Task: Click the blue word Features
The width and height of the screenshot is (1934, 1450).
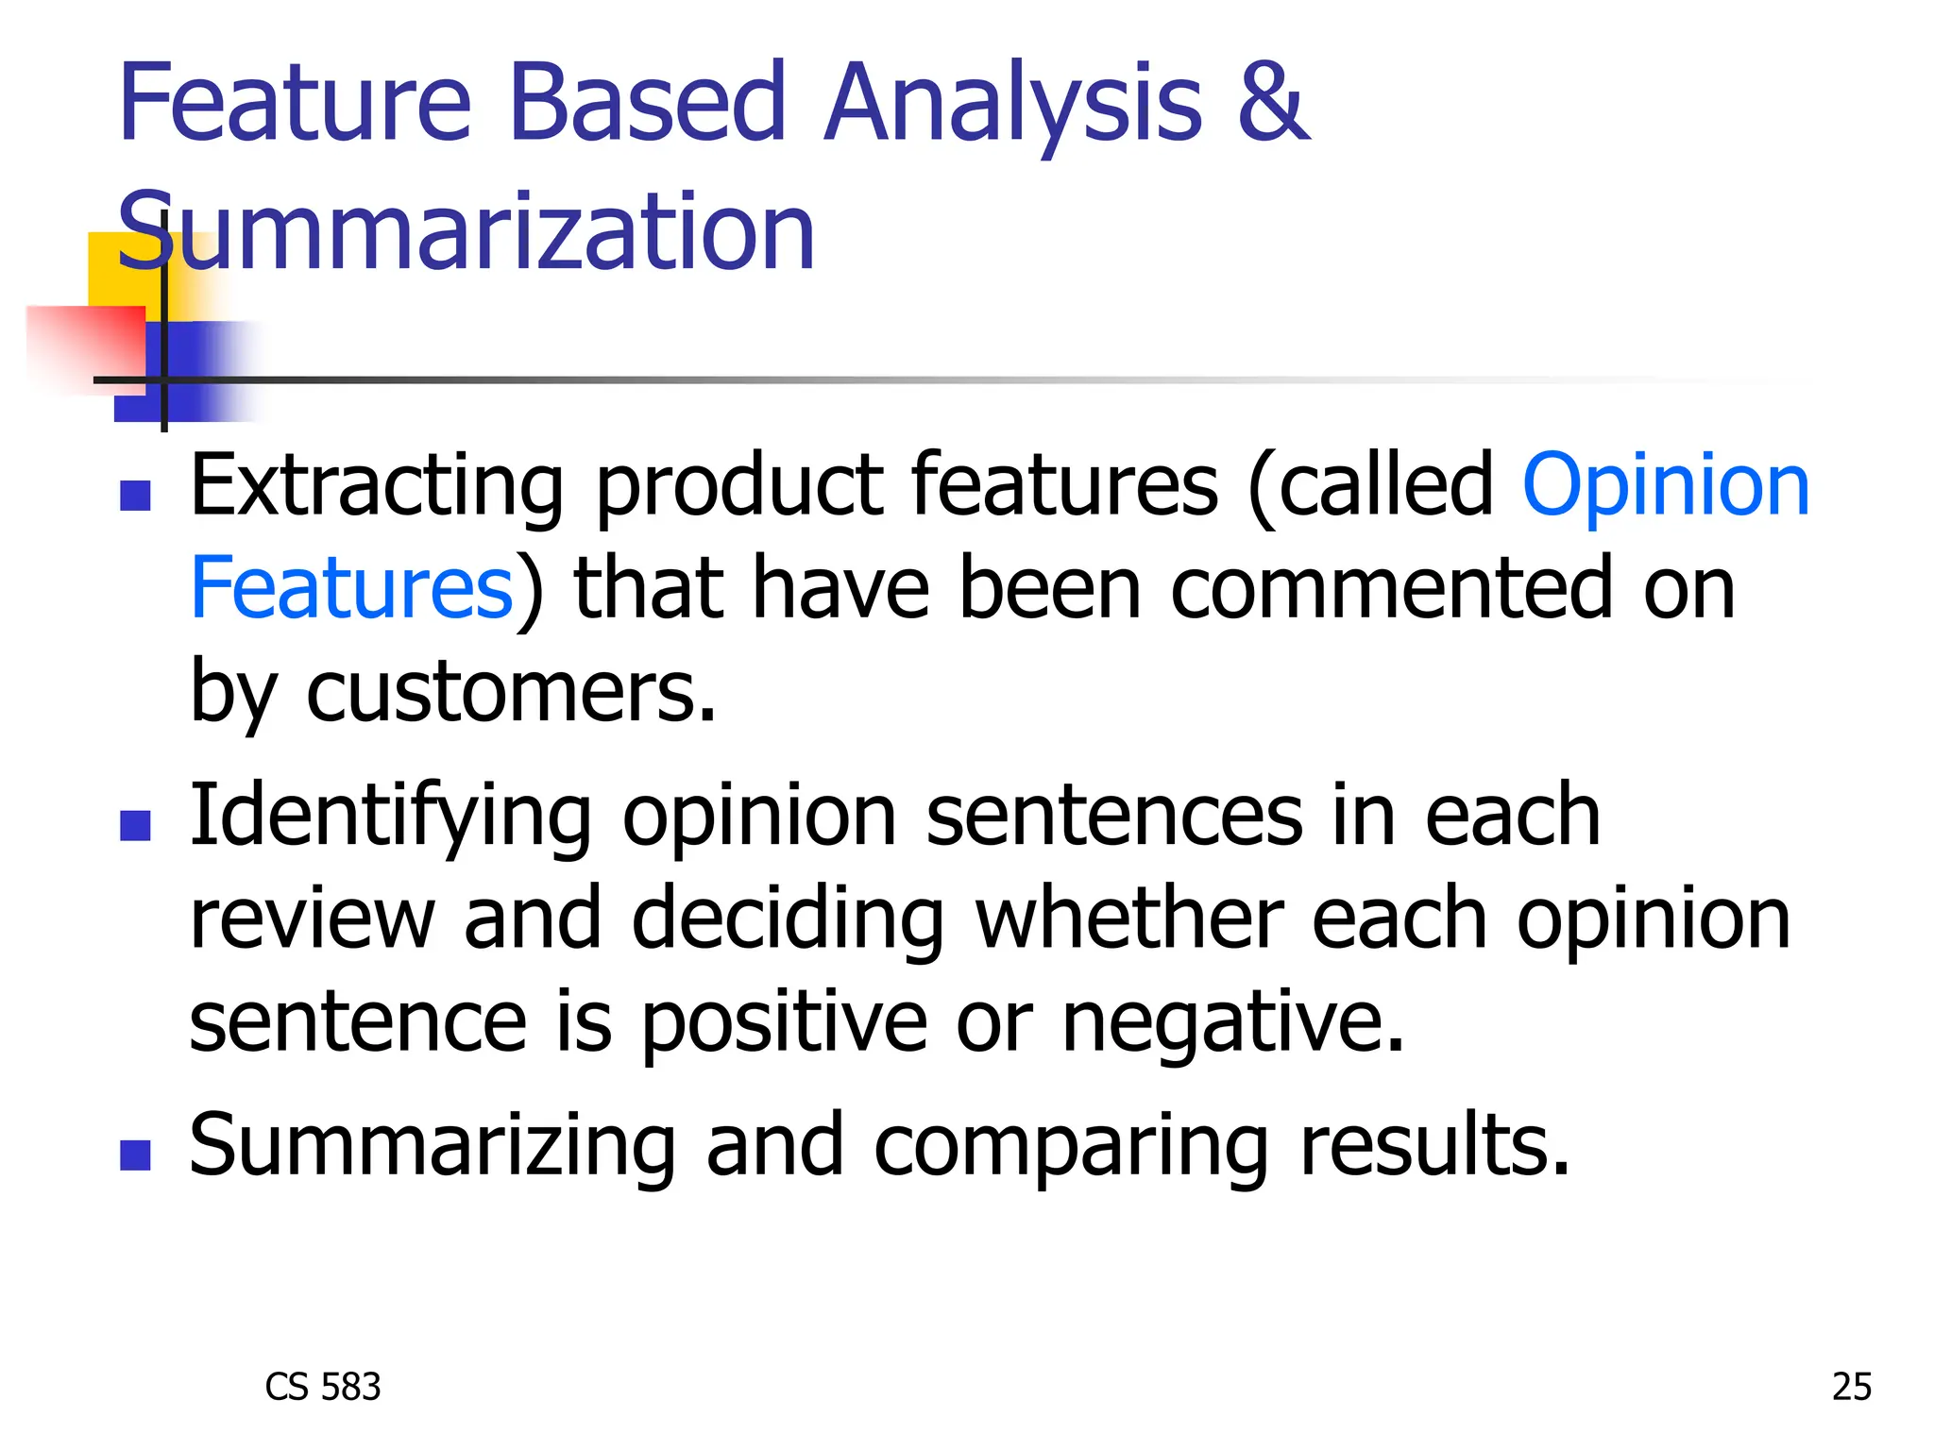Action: click(351, 588)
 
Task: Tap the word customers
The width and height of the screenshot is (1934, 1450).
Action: click(510, 692)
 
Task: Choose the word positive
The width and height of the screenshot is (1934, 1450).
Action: click(785, 1023)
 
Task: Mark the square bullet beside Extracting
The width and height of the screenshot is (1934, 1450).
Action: click(136, 496)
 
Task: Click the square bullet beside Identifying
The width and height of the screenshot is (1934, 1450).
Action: click(136, 826)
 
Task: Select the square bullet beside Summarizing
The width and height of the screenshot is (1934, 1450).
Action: click(136, 1155)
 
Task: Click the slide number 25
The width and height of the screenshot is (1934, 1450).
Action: click(1851, 1387)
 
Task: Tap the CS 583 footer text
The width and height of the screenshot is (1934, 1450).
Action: click(323, 1387)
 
